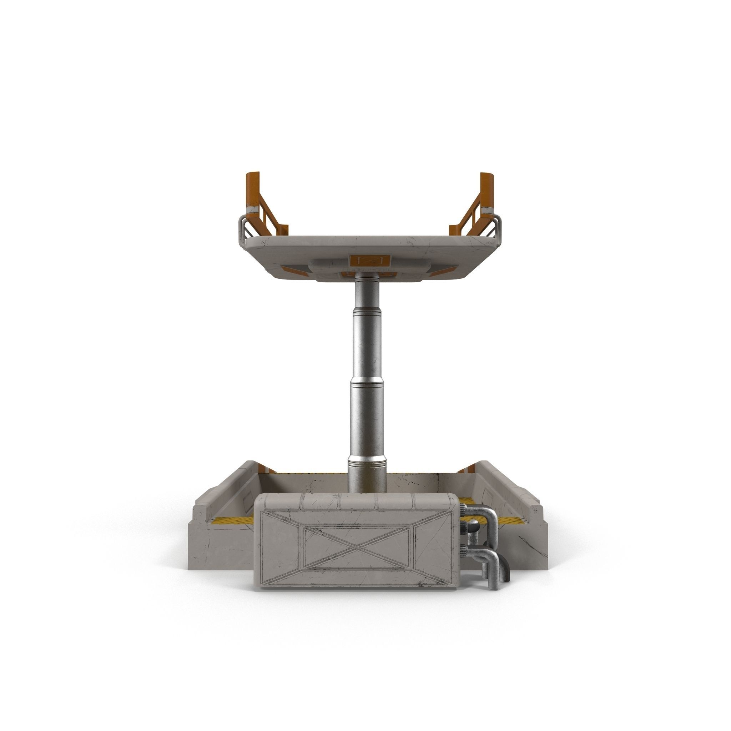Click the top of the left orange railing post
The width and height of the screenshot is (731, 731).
click(252, 175)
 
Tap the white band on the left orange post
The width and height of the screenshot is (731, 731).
click(252, 208)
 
